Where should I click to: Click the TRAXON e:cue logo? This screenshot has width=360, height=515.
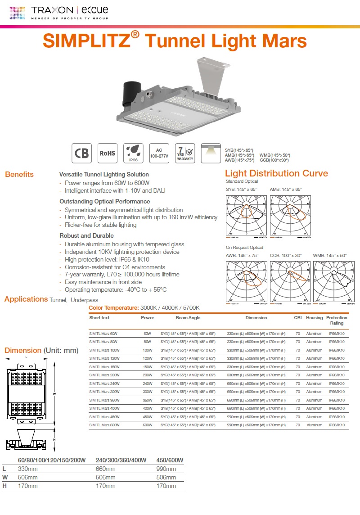(58, 12)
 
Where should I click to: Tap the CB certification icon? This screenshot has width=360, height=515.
(81, 153)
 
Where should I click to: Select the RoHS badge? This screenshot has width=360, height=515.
(108, 153)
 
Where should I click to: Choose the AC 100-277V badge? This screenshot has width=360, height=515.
(159, 153)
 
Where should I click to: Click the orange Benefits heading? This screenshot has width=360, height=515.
(19, 174)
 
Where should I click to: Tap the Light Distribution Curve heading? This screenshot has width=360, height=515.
(276, 173)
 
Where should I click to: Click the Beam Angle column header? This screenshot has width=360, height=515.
(188, 317)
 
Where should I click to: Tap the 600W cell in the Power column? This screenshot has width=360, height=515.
(148, 425)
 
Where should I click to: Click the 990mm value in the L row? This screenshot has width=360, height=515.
(166, 469)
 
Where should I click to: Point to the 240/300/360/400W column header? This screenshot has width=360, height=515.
(121, 460)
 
